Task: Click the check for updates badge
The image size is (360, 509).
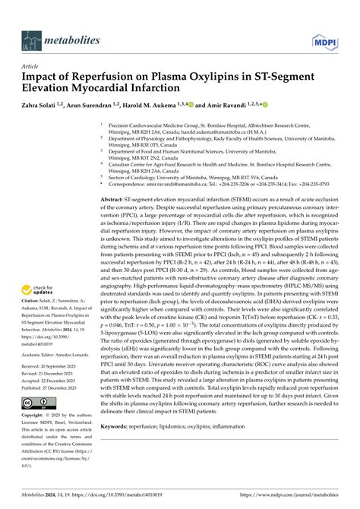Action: click(43, 289)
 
